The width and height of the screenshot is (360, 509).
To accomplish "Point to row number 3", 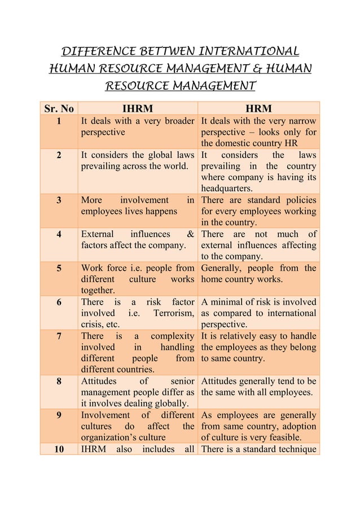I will click(59, 200).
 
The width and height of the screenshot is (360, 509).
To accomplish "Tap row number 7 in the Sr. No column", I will click(59, 336).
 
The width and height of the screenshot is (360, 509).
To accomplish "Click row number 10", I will click(59, 449).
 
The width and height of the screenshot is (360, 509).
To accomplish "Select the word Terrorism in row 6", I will click(172, 313).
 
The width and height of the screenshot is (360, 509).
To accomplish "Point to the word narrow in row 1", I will click(301, 120).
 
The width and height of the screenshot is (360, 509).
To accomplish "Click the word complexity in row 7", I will click(172, 336).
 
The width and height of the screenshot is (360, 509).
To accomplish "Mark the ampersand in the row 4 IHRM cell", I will click(190, 234).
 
